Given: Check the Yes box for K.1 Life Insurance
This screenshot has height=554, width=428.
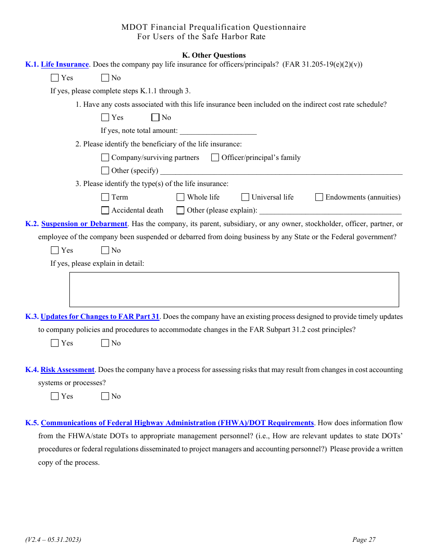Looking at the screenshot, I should pyautogui.click(x=55, y=78).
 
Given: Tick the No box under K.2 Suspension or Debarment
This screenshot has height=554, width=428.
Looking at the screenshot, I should pyautogui.click(x=105, y=250).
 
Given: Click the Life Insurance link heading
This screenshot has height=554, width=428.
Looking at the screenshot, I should pyautogui.click(x=65, y=64).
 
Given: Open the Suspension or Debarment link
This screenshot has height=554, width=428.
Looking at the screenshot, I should pyautogui.click(x=84, y=224).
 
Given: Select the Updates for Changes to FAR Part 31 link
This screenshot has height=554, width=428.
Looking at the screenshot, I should pyautogui.click(x=100, y=317).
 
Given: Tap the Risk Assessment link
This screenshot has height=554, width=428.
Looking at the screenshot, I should pyautogui.click(x=68, y=370).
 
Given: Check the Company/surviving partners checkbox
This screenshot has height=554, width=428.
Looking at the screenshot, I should pyautogui.click(x=105, y=158).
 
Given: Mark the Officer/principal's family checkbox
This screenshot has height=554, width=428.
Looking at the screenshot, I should pyautogui.click(x=215, y=158).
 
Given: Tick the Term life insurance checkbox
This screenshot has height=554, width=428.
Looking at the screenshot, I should pyautogui.click(x=105, y=197).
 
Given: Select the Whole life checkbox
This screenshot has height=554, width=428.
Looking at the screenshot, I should pyautogui.click(x=181, y=197).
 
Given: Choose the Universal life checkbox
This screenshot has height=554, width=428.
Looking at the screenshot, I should pyautogui.click(x=246, y=197).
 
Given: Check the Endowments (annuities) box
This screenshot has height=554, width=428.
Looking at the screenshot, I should pyautogui.click(x=319, y=197).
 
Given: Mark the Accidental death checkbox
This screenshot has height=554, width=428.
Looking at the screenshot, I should pyautogui.click(x=105, y=210).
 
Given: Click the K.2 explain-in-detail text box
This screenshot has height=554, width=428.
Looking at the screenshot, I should pyautogui.click(x=234, y=290).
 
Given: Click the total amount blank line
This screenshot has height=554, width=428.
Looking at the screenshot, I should pyautogui.click(x=218, y=131).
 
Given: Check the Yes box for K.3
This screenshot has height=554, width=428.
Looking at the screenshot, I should pyautogui.click(x=55, y=343).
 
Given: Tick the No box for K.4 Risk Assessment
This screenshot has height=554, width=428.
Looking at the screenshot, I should pyautogui.click(x=105, y=396).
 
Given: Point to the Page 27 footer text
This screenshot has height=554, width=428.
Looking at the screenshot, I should pyautogui.click(x=364, y=540).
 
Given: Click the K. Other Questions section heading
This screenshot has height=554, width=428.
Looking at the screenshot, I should pyautogui.click(x=214, y=55).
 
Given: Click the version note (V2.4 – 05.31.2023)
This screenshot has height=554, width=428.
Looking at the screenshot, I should pyautogui.click(x=53, y=540).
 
